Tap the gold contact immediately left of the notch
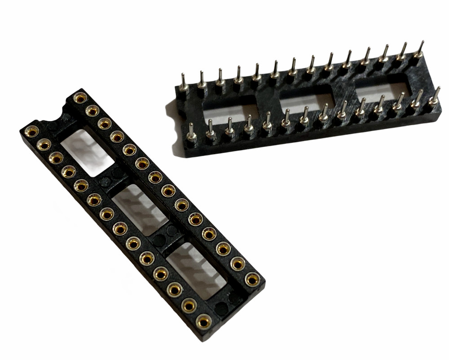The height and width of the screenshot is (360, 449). tap(31, 132)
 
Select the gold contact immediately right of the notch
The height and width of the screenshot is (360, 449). tap(80, 98)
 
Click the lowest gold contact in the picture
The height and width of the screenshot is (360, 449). tap(204, 321)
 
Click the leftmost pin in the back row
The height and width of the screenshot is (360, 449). tap(183, 83)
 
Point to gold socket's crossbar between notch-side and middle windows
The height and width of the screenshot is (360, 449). tap(112, 178)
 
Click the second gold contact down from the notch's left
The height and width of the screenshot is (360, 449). tap(44, 145)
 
